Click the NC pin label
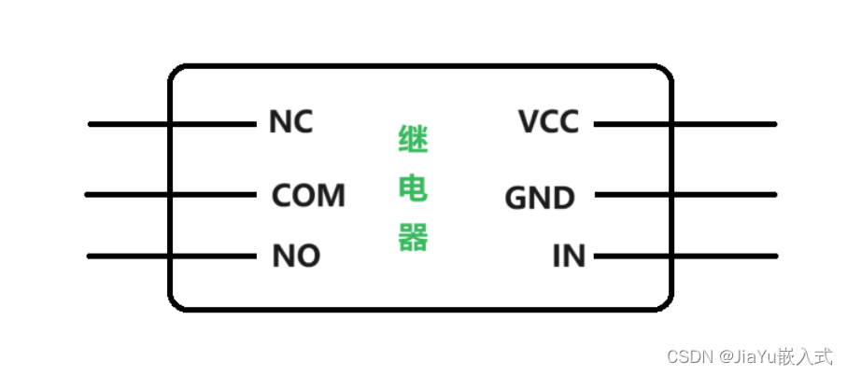(x=290, y=122)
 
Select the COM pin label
(x=308, y=196)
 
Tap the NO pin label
(x=296, y=256)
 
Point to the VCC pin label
(x=548, y=122)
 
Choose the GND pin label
(x=540, y=198)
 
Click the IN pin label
(x=569, y=256)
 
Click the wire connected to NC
(x=173, y=123)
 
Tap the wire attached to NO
(x=172, y=256)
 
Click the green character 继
(x=413, y=144)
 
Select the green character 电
(x=413, y=190)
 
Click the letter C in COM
(x=282, y=196)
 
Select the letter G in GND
(x=516, y=198)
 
